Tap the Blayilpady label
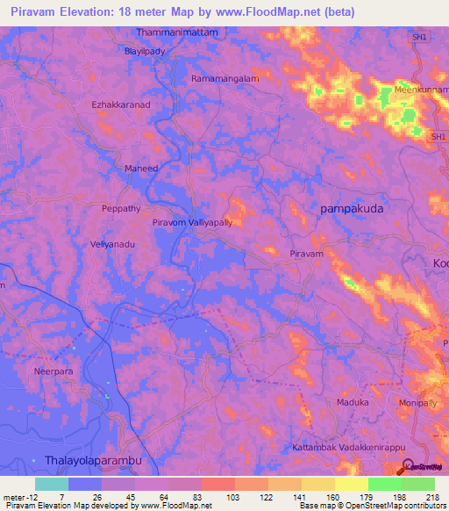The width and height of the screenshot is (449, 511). coord(145,52)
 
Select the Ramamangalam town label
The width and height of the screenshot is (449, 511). coord(224,78)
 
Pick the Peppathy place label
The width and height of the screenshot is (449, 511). coord(121,209)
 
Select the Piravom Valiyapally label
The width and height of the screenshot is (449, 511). coord(192,223)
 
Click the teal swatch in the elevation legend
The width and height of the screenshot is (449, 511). coord(52,484)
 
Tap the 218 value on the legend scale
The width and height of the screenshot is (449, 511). coord(432,497)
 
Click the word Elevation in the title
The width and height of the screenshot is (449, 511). coord(98,12)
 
